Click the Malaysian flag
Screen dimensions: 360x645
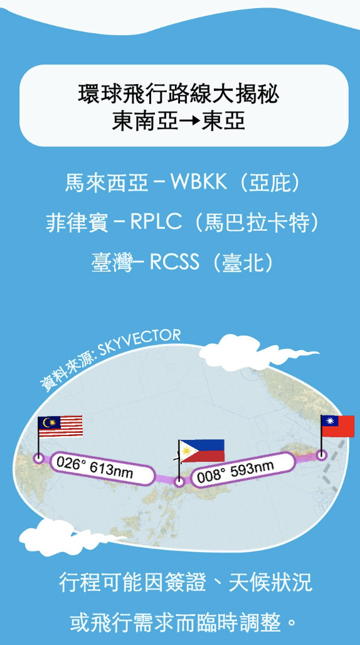60,426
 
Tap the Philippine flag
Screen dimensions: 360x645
202,450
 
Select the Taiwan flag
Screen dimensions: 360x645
338,426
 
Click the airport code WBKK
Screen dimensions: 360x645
199,182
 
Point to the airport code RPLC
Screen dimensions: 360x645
156,221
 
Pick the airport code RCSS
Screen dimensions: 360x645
174,262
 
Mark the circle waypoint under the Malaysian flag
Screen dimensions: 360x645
39,457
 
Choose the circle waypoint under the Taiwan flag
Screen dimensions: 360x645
322,455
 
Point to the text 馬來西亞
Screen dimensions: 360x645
107,182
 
